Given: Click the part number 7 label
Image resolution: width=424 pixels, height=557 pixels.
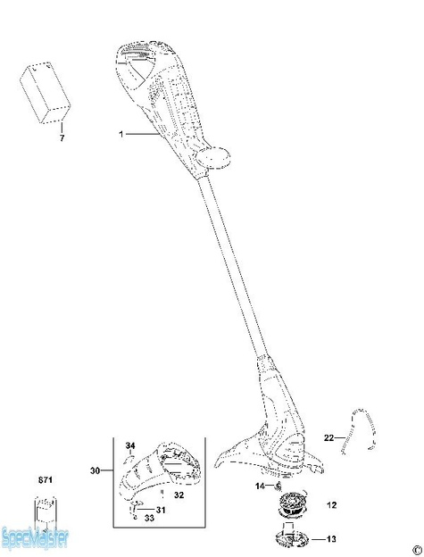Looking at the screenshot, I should pos(62,139).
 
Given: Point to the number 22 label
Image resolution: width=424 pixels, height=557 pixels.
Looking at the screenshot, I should pos(328,437).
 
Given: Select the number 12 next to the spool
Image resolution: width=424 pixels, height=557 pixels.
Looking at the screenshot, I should pos(331,505).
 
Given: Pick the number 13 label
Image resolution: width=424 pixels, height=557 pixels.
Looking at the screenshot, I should pos(331,539).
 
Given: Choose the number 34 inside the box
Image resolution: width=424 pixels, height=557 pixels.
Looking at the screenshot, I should pos(129,445).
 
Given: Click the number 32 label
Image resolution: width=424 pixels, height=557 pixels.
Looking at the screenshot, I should pos(179,494).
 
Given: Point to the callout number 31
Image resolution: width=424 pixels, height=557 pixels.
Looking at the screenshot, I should pos(161,509).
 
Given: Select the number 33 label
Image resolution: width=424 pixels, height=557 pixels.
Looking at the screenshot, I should pos(149,519).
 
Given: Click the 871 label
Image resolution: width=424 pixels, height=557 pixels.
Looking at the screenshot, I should pos(45,482).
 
